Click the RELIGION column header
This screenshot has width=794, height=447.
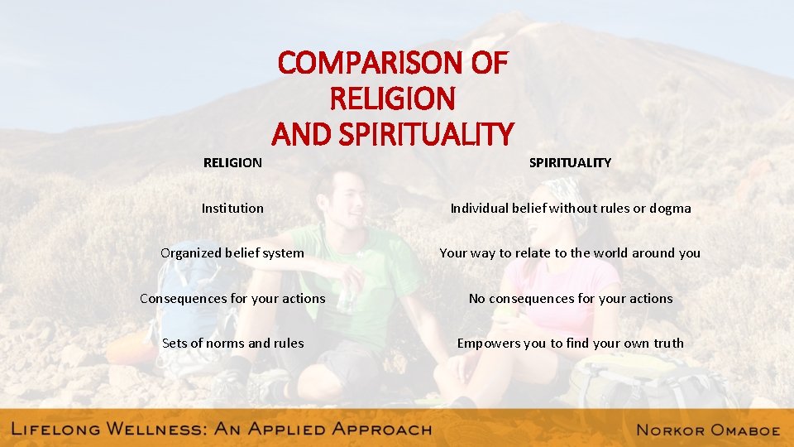click(232, 163)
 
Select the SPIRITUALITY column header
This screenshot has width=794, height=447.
click(570, 163)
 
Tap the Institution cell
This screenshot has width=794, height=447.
click(232, 209)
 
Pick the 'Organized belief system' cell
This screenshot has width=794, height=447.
click(232, 253)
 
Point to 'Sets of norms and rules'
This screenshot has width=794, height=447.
click(232, 343)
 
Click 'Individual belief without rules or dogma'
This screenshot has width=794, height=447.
click(570, 209)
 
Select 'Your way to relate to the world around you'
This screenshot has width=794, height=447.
click(570, 253)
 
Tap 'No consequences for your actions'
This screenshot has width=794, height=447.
click(570, 298)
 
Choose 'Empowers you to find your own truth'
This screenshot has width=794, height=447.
click(570, 343)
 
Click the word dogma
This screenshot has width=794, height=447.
click(670, 209)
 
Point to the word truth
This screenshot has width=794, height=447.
click(667, 343)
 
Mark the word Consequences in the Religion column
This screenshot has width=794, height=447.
click(181, 298)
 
